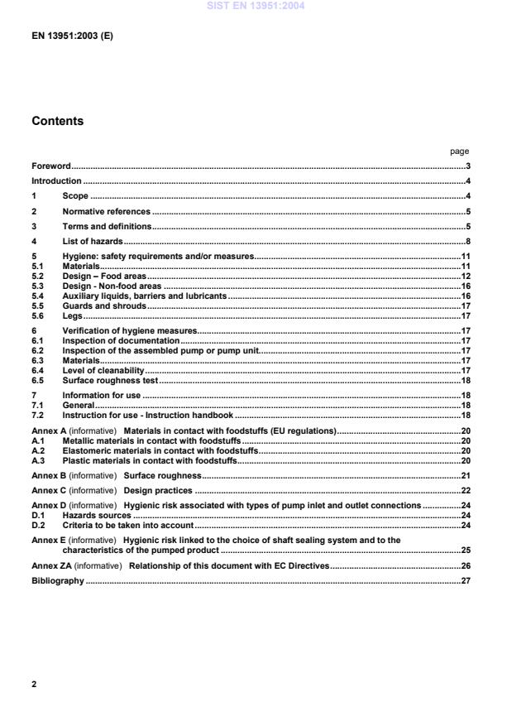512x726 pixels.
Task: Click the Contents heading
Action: click(57, 121)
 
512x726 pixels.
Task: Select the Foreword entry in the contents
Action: click(51, 166)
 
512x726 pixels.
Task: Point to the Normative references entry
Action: click(106, 210)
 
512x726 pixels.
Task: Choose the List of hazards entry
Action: click(93, 240)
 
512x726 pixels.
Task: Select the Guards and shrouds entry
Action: click(104, 305)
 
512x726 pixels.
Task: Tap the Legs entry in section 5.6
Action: click(73, 315)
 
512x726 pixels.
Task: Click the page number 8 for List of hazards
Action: click(467, 240)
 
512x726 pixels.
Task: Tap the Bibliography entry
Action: click(58, 580)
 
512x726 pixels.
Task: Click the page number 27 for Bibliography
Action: click(465, 580)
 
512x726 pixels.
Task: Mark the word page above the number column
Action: click(459, 151)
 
